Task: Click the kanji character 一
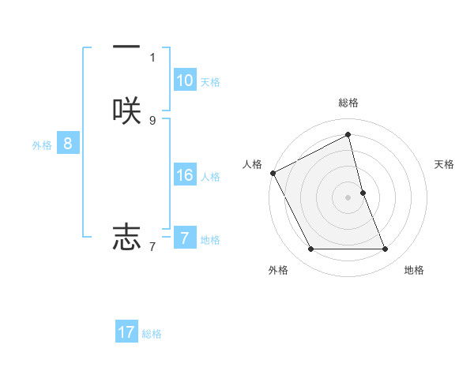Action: point(126,47)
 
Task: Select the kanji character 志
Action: point(126,236)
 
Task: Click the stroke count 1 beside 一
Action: point(152,57)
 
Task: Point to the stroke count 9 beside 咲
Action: point(152,121)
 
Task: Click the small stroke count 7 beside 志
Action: point(152,247)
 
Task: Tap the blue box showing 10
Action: point(184,81)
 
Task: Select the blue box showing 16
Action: point(184,175)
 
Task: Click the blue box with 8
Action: point(68,144)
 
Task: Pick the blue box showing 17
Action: point(126,332)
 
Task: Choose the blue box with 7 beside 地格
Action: point(184,238)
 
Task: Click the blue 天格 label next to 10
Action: point(210,82)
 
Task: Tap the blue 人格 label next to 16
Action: point(210,177)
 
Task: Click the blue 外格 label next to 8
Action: point(42,145)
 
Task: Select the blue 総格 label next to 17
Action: point(152,334)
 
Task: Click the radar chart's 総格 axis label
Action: point(348,103)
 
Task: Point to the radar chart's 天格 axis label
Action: point(445,164)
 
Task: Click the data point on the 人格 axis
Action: point(273,173)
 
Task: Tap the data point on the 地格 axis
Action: point(386,249)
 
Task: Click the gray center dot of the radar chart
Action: point(348,197)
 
